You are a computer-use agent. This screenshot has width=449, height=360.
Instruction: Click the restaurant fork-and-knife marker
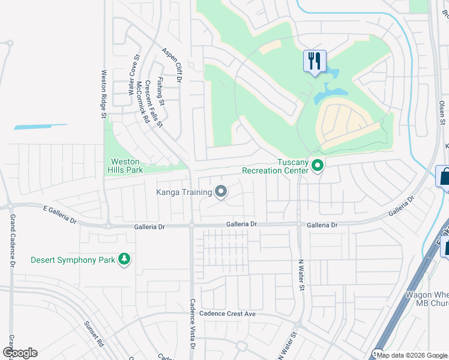pyautogui.click(x=315, y=61)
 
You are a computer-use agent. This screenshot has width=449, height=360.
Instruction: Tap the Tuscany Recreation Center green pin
pyautogui.click(x=318, y=166)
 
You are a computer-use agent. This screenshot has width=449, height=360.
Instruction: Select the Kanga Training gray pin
pyautogui.click(x=221, y=192)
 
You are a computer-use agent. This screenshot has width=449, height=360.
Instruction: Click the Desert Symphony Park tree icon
pyautogui.click(x=125, y=260)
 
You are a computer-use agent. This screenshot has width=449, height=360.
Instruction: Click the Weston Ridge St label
pyautogui.click(x=103, y=94)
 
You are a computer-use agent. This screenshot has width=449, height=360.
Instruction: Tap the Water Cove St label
pyautogui.click(x=133, y=76)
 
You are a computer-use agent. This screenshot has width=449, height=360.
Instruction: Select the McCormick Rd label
pyautogui.click(x=143, y=102)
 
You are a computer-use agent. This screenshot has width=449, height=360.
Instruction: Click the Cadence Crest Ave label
pyautogui.click(x=228, y=314)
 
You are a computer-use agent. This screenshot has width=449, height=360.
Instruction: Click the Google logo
pyautogui.click(x=19, y=353)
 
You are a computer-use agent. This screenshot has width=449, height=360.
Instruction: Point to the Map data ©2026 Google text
pyautogui.click(x=411, y=355)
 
